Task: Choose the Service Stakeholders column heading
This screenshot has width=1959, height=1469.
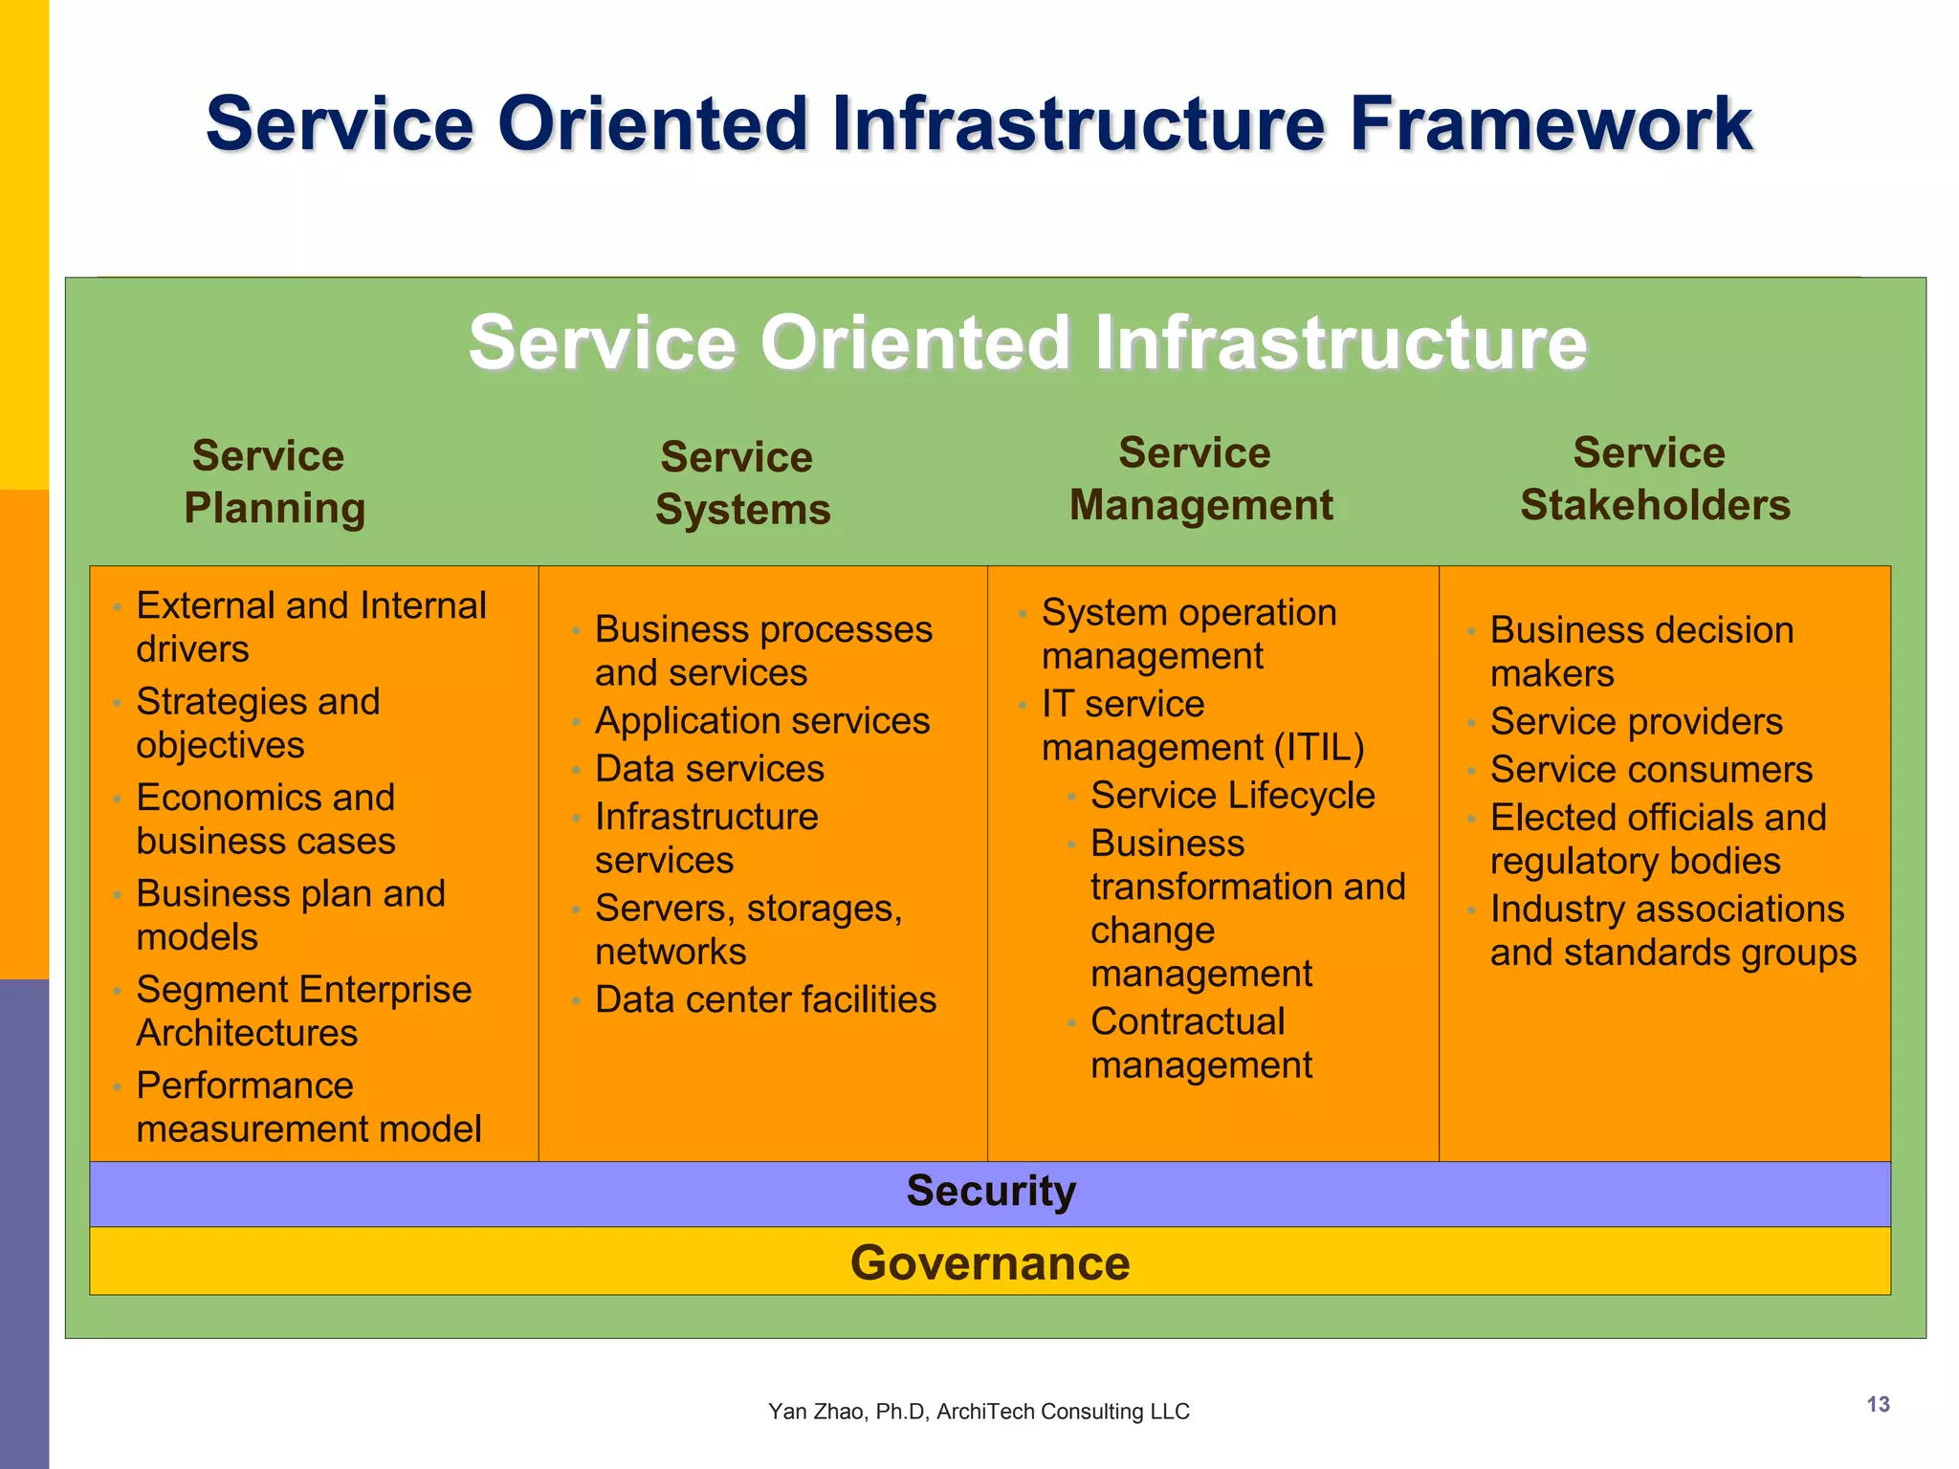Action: pos(1653,478)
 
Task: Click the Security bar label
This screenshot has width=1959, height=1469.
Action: pos(990,1192)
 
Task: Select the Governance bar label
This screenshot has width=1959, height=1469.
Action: pos(990,1262)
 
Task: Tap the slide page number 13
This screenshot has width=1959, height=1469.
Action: pos(1878,1404)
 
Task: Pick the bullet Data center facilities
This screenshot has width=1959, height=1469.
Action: pos(765,999)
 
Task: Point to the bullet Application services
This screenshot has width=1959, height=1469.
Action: pos(761,721)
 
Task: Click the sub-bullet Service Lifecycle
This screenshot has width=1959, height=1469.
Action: pos(1232,796)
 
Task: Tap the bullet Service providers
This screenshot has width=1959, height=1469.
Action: pos(1636,722)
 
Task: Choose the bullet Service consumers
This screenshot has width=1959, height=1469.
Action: pos(1650,770)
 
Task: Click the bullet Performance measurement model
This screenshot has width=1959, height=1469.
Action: pos(307,1107)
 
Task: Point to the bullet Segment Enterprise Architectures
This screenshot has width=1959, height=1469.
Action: pos(302,1011)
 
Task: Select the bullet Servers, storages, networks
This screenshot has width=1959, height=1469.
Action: pos(747,930)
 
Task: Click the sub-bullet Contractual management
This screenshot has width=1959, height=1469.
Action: pos(1200,1043)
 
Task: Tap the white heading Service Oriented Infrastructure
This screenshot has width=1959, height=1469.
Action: pos(1026,342)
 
